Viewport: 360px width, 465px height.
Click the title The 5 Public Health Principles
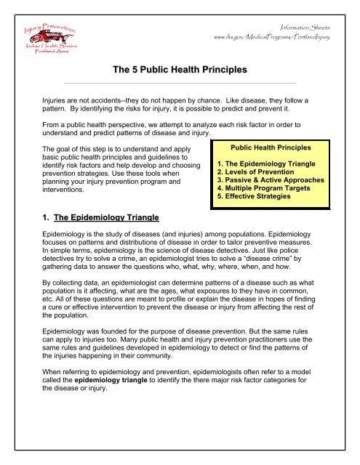179,70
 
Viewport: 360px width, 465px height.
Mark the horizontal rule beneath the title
179,83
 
